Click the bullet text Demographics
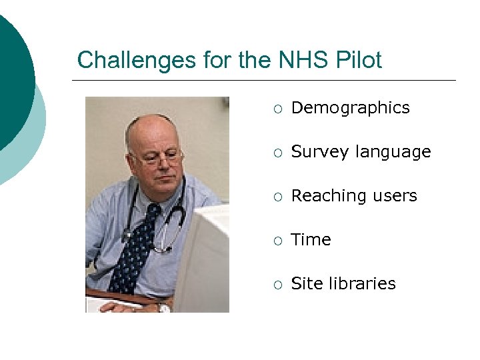tap(351, 108)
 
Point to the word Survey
tap(321, 152)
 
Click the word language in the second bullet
tap(393, 153)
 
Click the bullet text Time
tap(311, 240)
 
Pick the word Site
tap(307, 283)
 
